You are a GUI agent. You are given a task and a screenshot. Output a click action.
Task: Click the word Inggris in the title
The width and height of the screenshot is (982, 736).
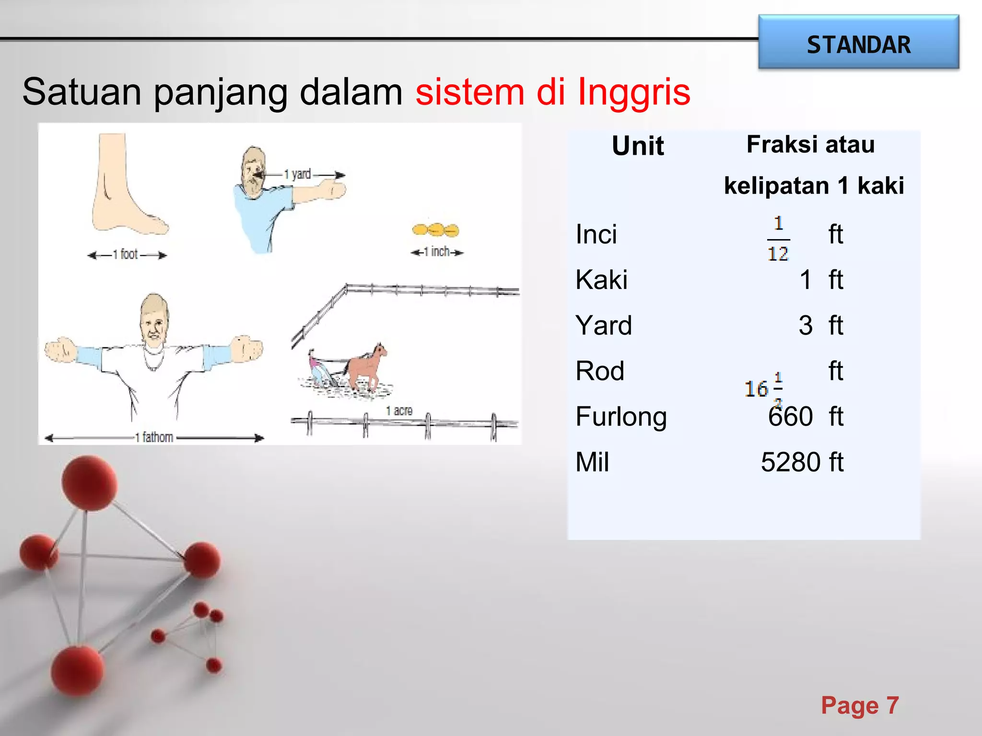click(x=634, y=92)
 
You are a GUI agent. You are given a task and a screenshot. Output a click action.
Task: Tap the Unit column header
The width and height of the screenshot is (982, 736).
click(x=638, y=146)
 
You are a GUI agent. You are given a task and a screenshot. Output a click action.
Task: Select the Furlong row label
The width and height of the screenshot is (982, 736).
click(x=621, y=416)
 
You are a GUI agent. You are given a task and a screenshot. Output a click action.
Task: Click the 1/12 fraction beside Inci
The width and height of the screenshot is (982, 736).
click(x=778, y=238)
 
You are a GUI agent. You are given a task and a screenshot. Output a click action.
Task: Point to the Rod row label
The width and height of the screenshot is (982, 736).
click(x=600, y=371)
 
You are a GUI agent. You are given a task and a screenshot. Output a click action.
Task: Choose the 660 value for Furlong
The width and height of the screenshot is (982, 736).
click(x=790, y=416)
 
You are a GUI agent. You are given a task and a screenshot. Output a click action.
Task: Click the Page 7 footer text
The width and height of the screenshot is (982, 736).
click(x=859, y=705)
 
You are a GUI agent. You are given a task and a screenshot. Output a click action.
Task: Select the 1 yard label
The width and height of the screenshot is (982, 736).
click(x=298, y=174)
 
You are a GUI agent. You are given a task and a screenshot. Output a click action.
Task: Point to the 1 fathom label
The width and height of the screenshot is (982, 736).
click(x=154, y=437)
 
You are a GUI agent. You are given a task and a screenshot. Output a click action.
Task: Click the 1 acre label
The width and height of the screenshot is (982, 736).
click(x=399, y=411)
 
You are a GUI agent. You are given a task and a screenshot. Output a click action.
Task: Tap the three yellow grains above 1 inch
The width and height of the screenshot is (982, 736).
click(x=435, y=230)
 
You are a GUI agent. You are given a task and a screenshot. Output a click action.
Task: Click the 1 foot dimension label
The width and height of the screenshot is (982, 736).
click(x=126, y=254)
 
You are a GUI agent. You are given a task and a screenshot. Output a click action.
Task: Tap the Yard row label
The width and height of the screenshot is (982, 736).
click(x=604, y=325)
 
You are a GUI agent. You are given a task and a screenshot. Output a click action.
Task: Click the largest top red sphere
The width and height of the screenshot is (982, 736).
click(x=89, y=482)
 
